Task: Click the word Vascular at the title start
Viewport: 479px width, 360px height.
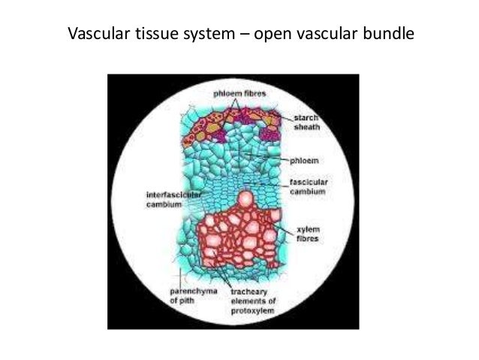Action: tap(95, 35)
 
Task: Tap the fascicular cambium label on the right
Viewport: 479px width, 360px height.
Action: tap(307, 187)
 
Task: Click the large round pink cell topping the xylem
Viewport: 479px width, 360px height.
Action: tap(244, 199)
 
